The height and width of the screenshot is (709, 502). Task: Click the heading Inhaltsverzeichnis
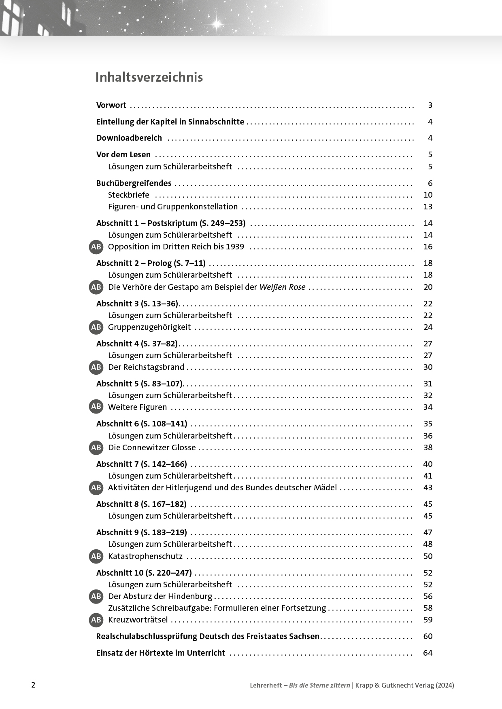[149, 77]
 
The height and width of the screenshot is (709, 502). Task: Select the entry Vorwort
[111, 105]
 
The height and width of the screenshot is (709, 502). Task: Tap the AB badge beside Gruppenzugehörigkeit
[96, 327]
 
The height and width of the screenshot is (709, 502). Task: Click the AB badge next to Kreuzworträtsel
[96, 620]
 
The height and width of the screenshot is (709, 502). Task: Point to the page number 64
[428, 653]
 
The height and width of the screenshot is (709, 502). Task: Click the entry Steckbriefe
[128, 195]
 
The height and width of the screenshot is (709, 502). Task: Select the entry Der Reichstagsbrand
[146, 367]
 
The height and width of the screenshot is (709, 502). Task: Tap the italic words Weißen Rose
[282, 287]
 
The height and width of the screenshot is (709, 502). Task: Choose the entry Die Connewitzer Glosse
[152, 447]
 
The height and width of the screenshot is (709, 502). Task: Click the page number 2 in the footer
[33, 685]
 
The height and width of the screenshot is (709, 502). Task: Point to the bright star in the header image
[217, 23]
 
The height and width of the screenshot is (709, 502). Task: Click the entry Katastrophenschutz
[145, 556]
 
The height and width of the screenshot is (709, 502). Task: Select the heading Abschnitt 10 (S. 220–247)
[144, 573]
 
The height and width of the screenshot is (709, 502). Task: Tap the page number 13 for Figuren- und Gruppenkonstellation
[428, 207]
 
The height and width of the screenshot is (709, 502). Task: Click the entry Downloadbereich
[129, 138]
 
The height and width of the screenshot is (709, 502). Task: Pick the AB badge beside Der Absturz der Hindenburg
[96, 596]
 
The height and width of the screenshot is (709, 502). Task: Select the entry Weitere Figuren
[137, 407]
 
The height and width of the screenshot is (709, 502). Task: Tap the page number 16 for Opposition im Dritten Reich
[428, 247]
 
